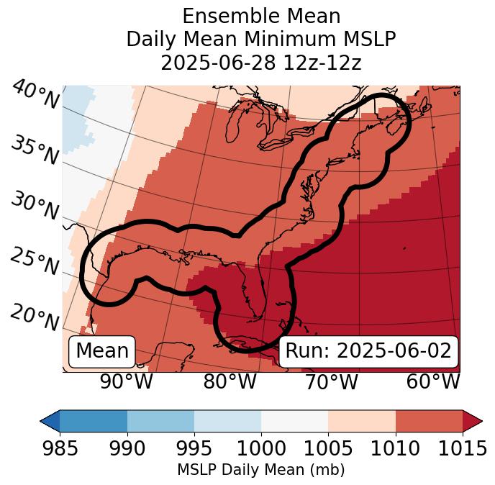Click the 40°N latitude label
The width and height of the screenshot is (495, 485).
(x=34, y=95)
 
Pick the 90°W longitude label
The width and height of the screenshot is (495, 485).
(x=126, y=381)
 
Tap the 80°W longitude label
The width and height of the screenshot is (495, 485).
(x=230, y=381)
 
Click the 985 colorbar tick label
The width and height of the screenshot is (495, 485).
(x=60, y=448)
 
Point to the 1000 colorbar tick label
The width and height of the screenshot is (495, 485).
(x=261, y=448)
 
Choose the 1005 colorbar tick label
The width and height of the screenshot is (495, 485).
(x=328, y=448)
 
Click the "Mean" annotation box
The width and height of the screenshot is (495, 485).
(x=102, y=351)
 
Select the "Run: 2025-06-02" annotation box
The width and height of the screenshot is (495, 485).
(x=368, y=351)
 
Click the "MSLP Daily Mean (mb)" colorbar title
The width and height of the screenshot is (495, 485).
(x=260, y=470)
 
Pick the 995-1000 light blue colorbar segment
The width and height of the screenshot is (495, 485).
(x=227, y=421)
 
